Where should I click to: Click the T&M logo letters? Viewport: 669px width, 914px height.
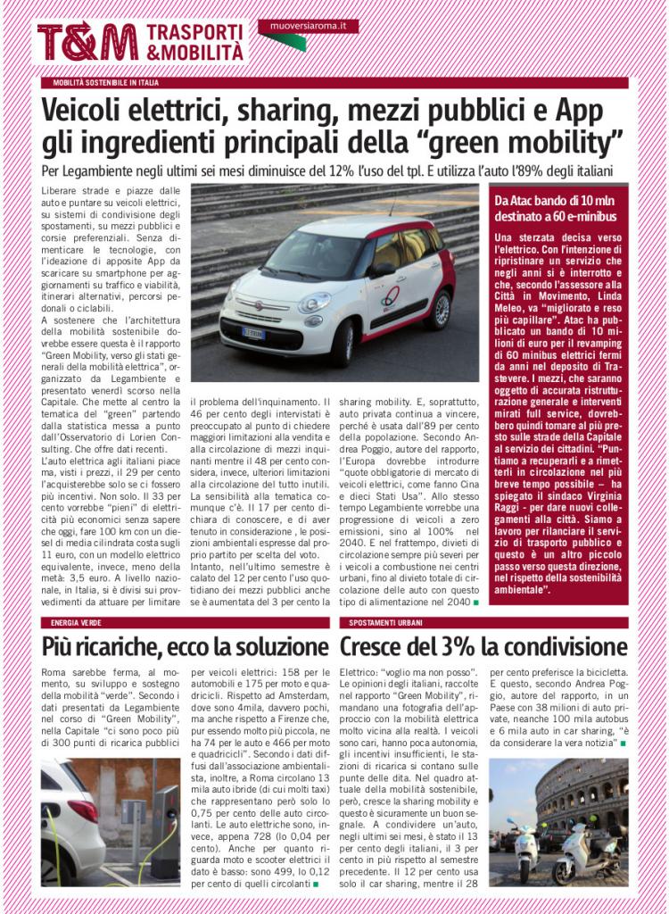(x=87, y=42)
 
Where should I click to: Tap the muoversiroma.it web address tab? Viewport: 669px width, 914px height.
(x=309, y=27)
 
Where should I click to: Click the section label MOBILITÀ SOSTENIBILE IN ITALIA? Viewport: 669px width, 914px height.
(x=105, y=83)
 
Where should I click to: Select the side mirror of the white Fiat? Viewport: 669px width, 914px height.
(x=383, y=270)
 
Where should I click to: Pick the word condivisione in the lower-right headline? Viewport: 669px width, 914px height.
(x=568, y=646)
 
